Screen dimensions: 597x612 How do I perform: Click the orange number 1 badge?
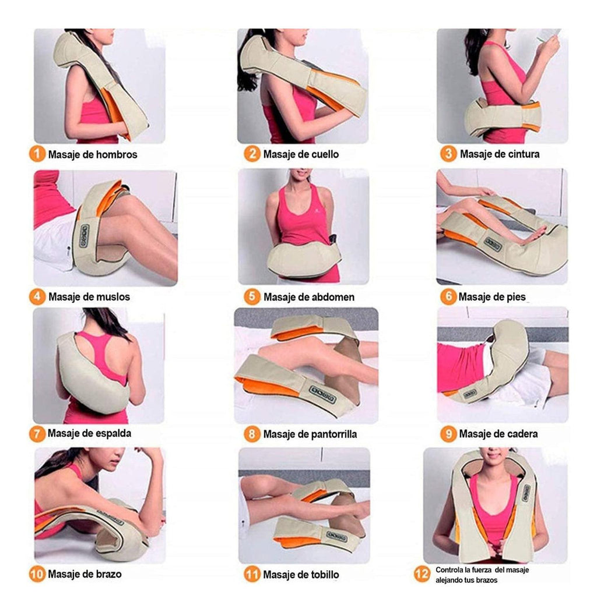[37, 154]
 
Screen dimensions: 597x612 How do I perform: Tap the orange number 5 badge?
[252, 296]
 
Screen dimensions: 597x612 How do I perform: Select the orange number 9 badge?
[448, 434]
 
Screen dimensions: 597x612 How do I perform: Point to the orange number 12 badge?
[422, 574]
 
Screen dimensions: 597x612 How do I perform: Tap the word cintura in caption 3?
[519, 154]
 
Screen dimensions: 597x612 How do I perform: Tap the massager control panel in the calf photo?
[323, 394]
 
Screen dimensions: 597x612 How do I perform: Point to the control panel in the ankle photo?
[337, 536]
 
